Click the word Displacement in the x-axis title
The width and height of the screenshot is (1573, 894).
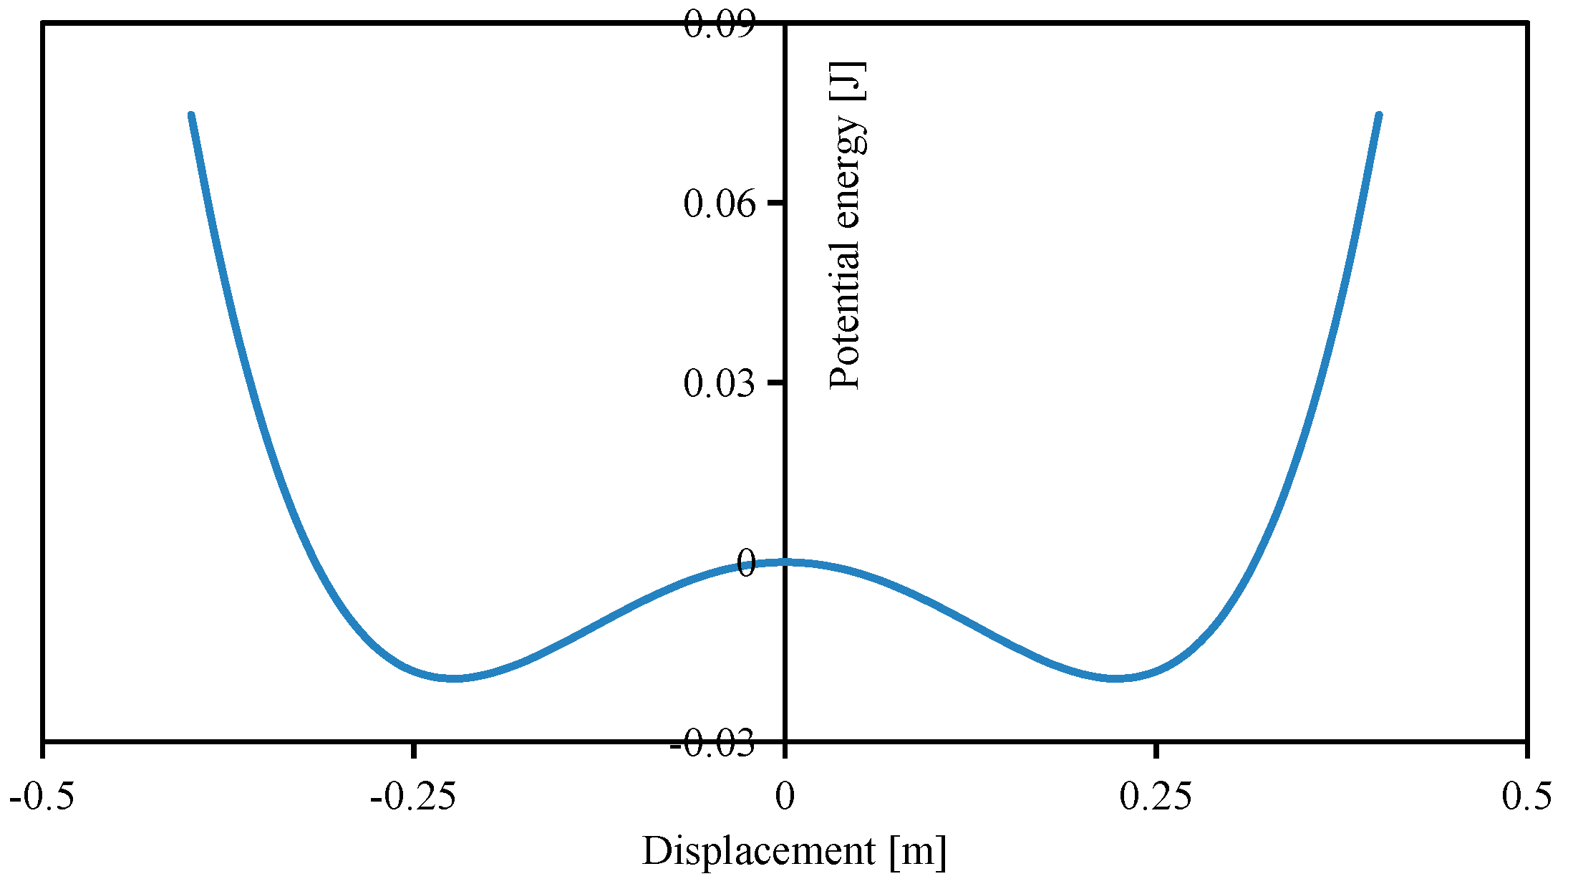[x=758, y=852]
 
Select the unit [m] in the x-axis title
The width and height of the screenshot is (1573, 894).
[x=918, y=852]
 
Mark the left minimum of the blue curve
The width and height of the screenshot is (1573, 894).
[x=454, y=678]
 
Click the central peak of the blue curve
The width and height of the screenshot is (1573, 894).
[x=785, y=562]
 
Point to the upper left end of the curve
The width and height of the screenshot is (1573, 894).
[x=191, y=115]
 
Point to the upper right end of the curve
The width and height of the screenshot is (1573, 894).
[x=1378, y=115]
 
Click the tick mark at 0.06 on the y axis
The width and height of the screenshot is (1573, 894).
[x=776, y=203]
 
